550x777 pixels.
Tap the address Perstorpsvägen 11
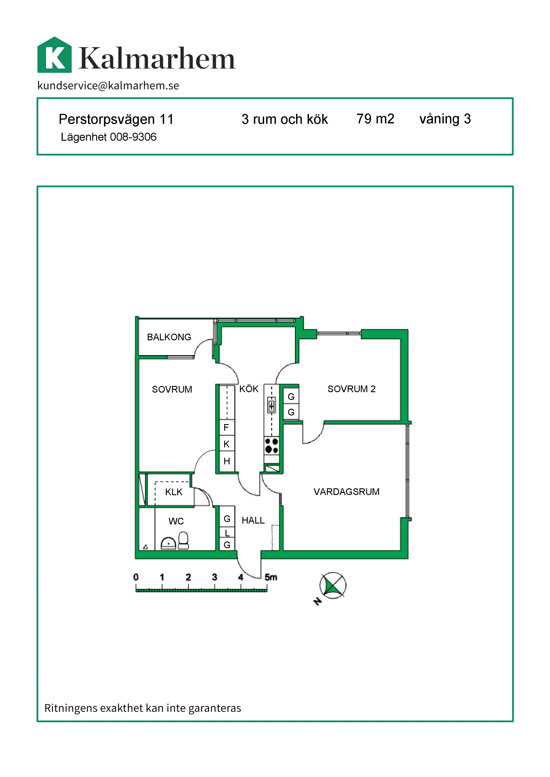(x=116, y=119)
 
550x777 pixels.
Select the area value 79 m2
(x=375, y=119)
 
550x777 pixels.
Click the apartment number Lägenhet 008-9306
(x=109, y=137)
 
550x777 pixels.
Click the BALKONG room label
(x=169, y=337)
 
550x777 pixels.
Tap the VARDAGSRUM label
(x=346, y=492)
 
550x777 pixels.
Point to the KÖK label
(x=249, y=389)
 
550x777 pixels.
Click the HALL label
(x=253, y=520)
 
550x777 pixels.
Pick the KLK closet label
(x=174, y=492)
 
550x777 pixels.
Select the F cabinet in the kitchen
(x=227, y=427)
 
